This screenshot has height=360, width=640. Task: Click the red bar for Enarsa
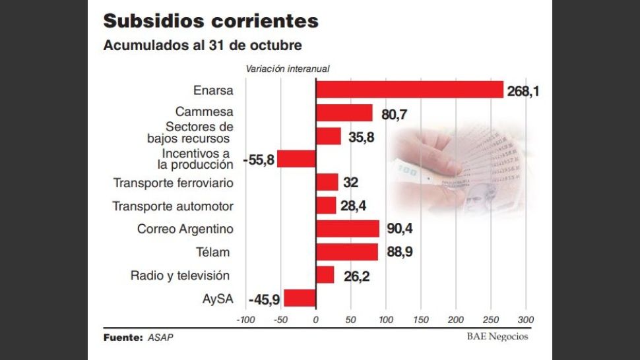pyautogui.click(x=409, y=90)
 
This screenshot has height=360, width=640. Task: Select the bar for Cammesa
pyautogui.click(x=344, y=113)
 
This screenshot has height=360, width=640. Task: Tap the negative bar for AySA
pyautogui.click(x=300, y=298)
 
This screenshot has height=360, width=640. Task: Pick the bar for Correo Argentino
pyautogui.click(x=348, y=229)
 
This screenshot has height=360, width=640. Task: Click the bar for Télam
pyautogui.click(x=347, y=252)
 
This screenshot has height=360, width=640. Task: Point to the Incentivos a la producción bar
pyautogui.click(x=297, y=159)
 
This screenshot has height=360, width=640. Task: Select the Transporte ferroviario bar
pyautogui.click(x=327, y=182)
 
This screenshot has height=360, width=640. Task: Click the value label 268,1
pyautogui.click(x=523, y=91)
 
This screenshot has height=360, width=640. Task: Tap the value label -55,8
pyautogui.click(x=259, y=160)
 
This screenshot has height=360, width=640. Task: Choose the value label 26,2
pyautogui.click(x=356, y=276)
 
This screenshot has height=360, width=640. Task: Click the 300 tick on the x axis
pyautogui.click(x=525, y=320)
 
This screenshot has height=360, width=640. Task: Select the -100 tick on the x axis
pyautogui.click(x=245, y=320)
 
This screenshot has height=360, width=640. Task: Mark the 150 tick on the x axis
pyautogui.click(x=420, y=320)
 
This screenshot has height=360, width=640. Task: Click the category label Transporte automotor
pyautogui.click(x=173, y=206)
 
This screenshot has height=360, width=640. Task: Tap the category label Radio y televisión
pyautogui.click(x=179, y=275)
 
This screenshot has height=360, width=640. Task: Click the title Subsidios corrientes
pyautogui.click(x=210, y=21)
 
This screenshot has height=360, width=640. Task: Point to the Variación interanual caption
pyautogui.click(x=287, y=69)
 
